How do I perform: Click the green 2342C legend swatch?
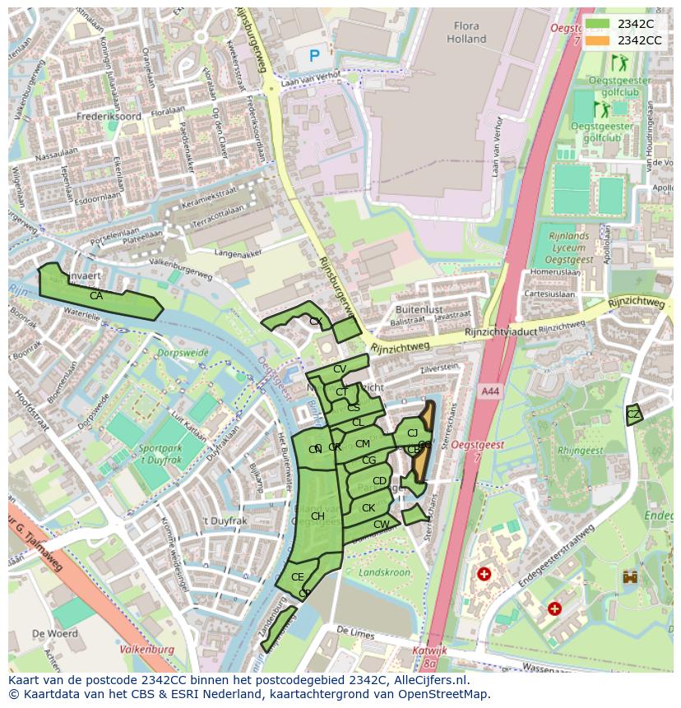pos(598,25)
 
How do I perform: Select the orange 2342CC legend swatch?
pos(598,40)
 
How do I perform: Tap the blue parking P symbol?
pos(314,56)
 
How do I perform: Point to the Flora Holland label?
pos(466,32)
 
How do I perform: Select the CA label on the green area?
pos(96,296)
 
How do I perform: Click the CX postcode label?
pos(315,322)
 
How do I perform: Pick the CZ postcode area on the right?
pos(632,414)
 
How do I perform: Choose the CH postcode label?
pos(317,516)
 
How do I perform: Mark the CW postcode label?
pos(381,525)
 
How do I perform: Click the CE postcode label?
pos(297,577)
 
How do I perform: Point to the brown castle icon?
pos(630,577)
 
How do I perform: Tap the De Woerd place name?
pos(55,634)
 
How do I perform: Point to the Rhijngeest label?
pos(581,451)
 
